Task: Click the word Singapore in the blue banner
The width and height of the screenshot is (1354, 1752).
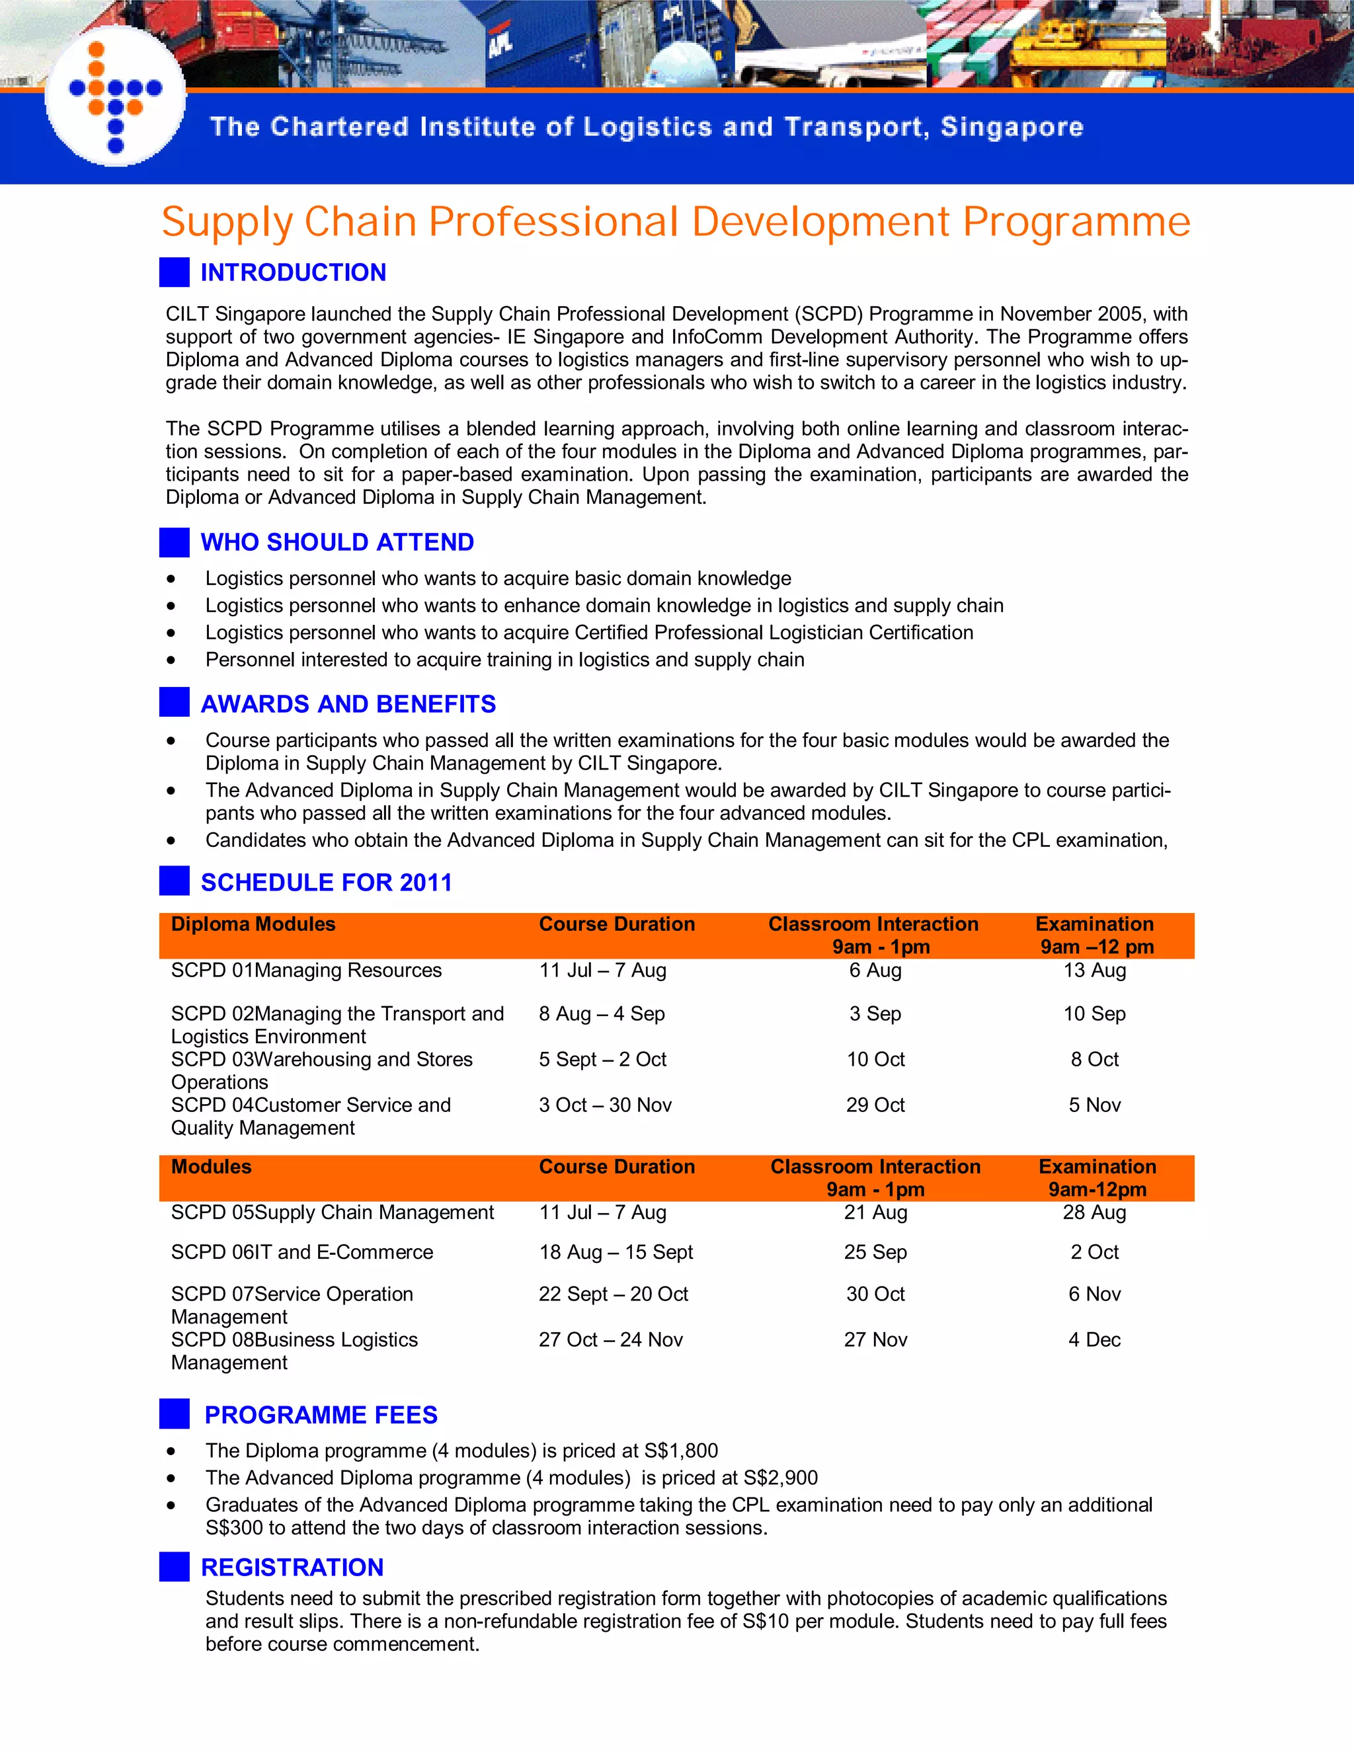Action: coord(1012,127)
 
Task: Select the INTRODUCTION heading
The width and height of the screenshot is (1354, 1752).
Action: coord(293,273)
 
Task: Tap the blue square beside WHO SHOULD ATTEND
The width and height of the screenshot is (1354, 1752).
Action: coord(174,542)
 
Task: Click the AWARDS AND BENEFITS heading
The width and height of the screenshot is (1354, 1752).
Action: coord(348,703)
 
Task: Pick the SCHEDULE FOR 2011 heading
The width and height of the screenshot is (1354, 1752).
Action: coord(327,883)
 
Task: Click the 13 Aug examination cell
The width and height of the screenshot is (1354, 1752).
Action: coord(1094,971)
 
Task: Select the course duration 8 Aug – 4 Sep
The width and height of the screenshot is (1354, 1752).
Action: coord(602,1014)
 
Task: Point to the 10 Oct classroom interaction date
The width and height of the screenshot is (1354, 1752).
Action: coord(875,1060)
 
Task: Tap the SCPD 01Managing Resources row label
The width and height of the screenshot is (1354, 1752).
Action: coord(306,971)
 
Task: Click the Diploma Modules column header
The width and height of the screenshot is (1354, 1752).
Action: coord(253,924)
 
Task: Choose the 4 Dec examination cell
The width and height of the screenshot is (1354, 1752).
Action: coord(1094,1339)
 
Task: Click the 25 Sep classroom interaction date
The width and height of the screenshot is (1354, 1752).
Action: coord(875,1252)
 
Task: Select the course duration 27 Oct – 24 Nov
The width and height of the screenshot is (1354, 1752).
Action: coord(610,1339)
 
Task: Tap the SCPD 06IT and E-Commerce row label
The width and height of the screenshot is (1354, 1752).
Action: coord(301,1252)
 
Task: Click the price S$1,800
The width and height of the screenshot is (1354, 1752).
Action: coord(681,1451)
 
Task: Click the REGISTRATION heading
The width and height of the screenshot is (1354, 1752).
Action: coord(292,1567)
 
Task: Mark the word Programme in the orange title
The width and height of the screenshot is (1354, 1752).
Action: coord(1076,222)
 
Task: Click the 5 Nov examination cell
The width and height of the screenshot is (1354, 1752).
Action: coord(1094,1105)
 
